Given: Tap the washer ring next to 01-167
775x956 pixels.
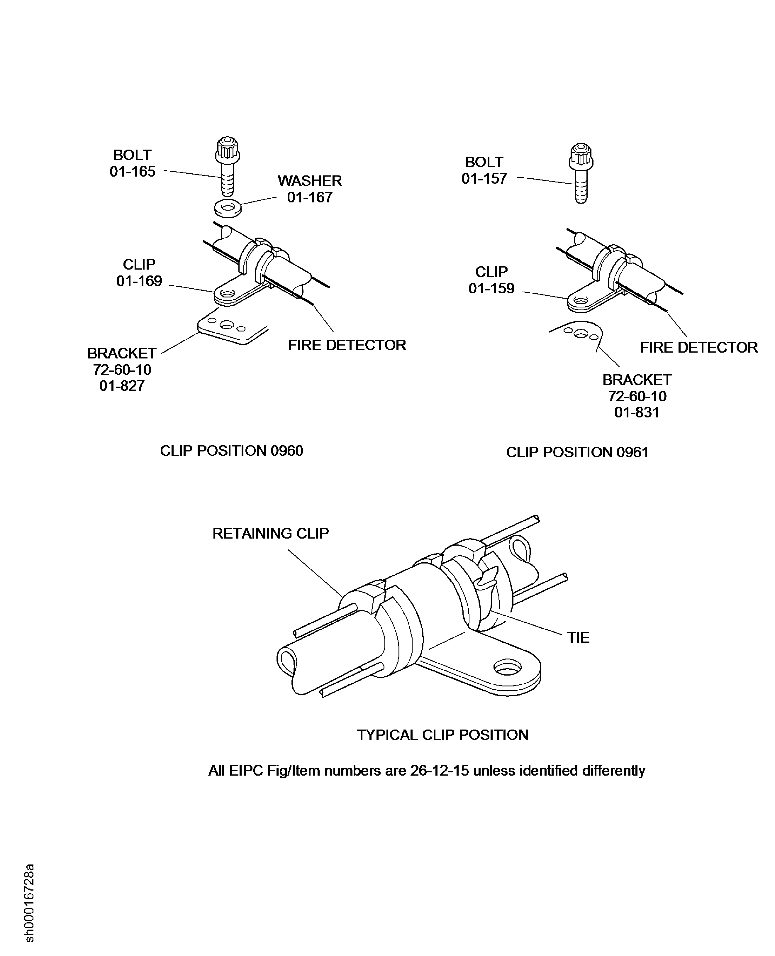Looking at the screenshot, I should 228,208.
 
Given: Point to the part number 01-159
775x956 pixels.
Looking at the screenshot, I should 491,288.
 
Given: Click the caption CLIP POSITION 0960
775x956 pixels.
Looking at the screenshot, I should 232,451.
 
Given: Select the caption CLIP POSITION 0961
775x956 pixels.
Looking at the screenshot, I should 577,452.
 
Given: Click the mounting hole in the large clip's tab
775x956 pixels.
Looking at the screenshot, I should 508,668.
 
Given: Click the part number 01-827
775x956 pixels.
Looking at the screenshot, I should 122,386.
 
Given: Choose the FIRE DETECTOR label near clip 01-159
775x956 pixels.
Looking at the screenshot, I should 699,347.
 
